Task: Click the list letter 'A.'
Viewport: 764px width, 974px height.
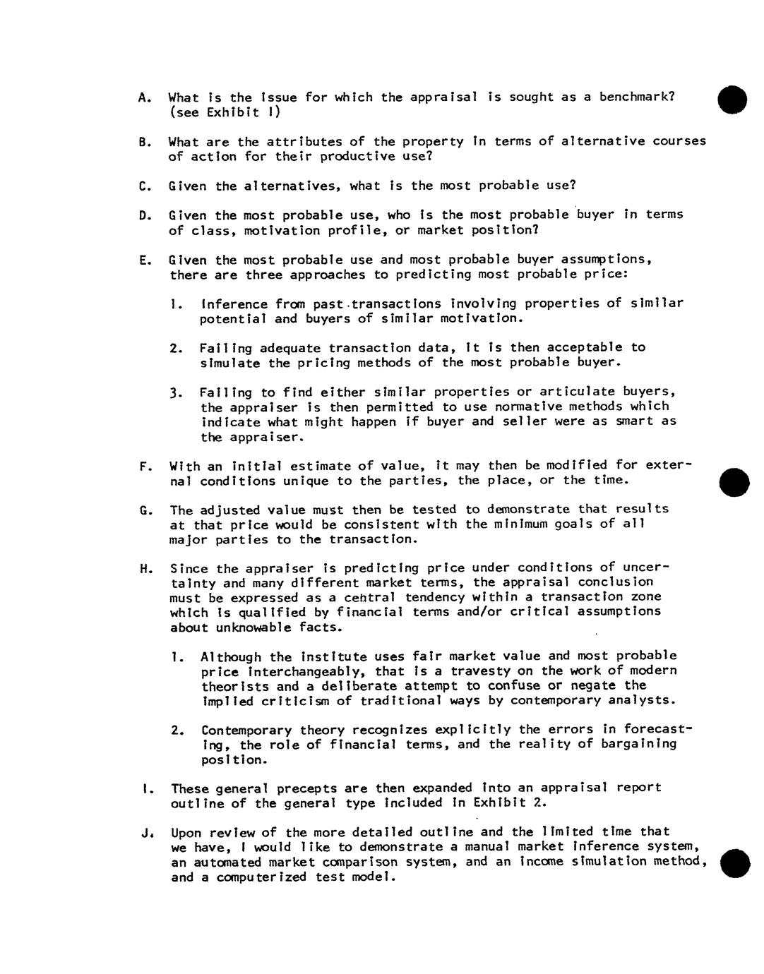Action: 145,97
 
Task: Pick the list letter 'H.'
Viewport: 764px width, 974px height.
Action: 146,569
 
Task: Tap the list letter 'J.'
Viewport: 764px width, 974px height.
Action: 146,833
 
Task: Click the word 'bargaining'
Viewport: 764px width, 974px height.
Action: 639,744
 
